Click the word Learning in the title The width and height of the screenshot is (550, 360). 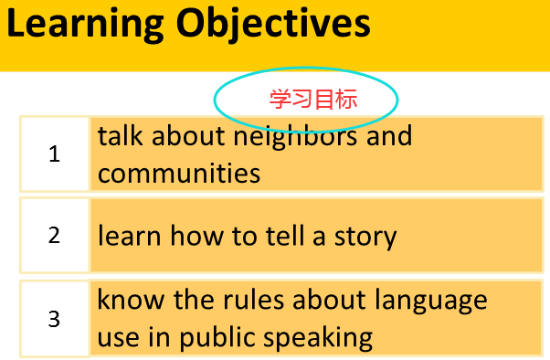tap(85, 25)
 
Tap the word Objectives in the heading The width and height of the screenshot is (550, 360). tap(273, 25)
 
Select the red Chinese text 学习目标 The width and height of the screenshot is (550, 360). tap(313, 100)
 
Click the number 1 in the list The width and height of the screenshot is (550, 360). tap(55, 154)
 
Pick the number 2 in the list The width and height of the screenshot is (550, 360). tap(55, 235)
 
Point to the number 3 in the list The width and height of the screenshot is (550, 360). tap(55, 319)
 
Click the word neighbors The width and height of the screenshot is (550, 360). tap(295, 138)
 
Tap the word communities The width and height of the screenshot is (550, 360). tap(179, 173)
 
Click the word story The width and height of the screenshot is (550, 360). tap(365, 238)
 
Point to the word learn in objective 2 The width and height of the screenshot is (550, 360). tap(130, 236)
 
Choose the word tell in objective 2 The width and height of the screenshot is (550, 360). tap(285, 236)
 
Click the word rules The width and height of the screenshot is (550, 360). tap(253, 300)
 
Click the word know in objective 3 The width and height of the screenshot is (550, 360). tap(131, 300)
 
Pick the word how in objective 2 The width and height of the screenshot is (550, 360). tap(196, 236)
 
